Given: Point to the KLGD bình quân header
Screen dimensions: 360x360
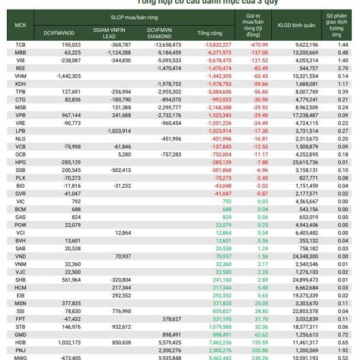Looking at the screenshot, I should pos(296,25).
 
